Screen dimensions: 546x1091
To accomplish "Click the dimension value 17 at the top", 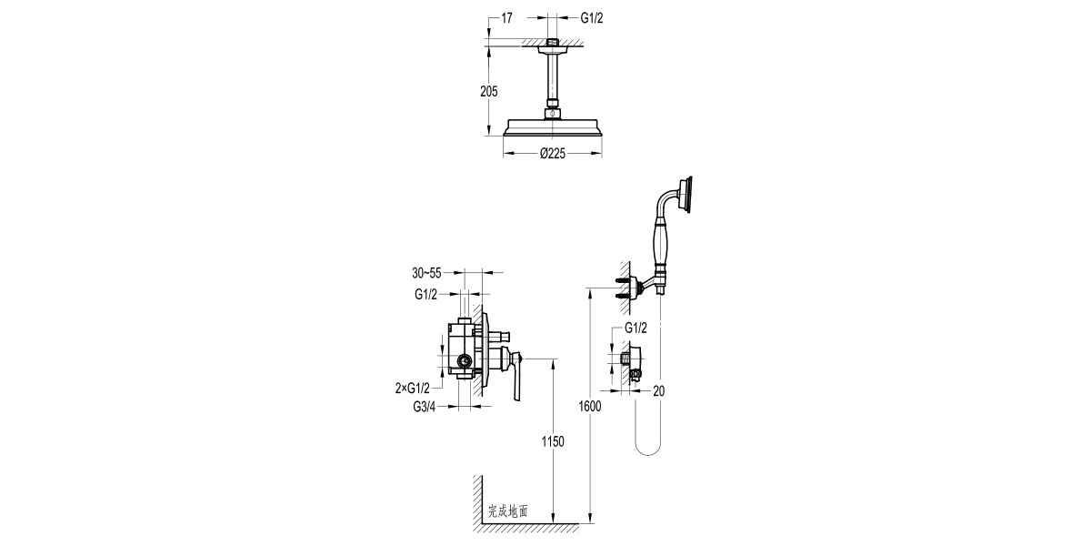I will [x=507, y=17].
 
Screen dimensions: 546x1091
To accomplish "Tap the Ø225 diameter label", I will [x=553, y=154].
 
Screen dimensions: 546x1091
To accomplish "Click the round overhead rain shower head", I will [x=553, y=128].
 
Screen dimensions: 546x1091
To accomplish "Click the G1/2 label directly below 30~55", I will [x=426, y=294].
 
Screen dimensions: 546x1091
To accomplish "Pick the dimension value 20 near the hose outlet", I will [x=659, y=390].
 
